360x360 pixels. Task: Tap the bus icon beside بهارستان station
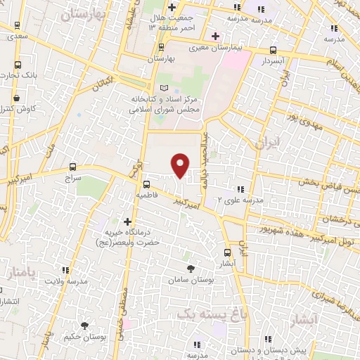pyautogui.click(x=162, y=48)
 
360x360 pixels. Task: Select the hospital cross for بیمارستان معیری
pyautogui.click(x=215, y=36)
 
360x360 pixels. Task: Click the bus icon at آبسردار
pyautogui.click(x=273, y=51)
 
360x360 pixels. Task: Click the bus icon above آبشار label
pyautogui.click(x=226, y=252)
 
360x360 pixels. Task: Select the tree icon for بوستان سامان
pyautogui.click(x=191, y=268)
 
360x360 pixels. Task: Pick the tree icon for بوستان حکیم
pyautogui.click(x=85, y=326)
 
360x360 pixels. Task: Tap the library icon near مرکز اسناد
pyautogui.click(x=164, y=87)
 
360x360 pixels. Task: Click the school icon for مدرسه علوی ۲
pyautogui.click(x=240, y=189)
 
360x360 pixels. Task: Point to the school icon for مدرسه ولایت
pyautogui.click(x=65, y=270)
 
